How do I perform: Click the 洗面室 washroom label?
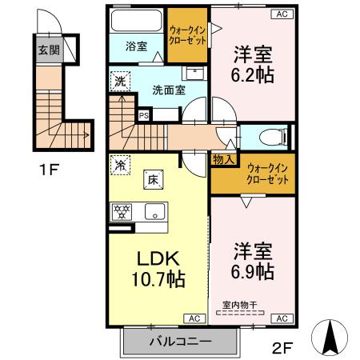click(169, 89)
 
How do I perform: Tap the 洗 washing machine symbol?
click(118, 81)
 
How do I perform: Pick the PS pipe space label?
click(144, 115)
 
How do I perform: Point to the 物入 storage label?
click(223, 159)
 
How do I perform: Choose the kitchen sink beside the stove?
click(154, 212)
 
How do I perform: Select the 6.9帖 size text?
click(253, 271)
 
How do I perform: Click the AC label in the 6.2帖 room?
click(282, 14)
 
